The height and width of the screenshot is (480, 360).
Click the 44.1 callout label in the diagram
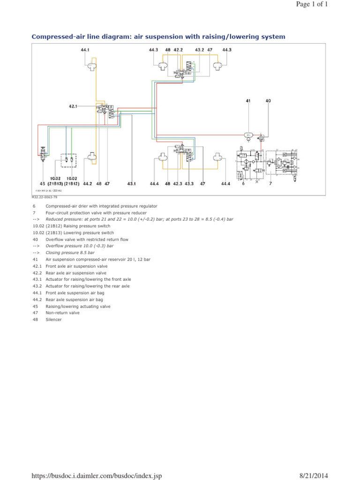(x=85, y=50)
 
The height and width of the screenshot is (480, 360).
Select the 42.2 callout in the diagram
(x=178, y=50)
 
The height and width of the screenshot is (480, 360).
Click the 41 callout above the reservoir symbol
(x=248, y=101)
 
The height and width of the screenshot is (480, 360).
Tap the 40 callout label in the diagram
(x=268, y=101)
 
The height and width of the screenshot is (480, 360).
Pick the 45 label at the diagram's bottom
(x=42, y=184)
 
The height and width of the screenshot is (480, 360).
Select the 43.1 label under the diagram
(x=132, y=184)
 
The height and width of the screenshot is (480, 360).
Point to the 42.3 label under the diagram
(x=178, y=184)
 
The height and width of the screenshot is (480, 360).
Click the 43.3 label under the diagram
(x=189, y=184)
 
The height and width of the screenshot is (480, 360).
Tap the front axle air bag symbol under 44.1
(x=91, y=67)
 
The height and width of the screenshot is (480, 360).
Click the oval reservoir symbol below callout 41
(x=248, y=135)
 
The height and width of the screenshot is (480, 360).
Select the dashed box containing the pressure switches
(x=69, y=160)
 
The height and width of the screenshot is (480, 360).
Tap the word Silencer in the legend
(x=53, y=320)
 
